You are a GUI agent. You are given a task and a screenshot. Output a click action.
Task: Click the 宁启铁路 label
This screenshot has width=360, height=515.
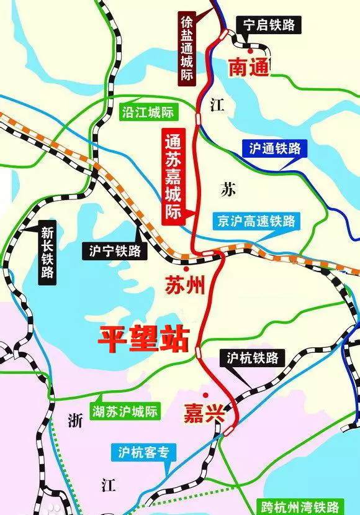pyautogui.click(x=269, y=25)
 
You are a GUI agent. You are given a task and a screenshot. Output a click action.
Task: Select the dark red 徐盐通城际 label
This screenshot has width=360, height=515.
pyautogui.click(x=186, y=47)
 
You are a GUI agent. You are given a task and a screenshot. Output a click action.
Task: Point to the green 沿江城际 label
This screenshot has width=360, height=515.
pyautogui.click(x=147, y=112)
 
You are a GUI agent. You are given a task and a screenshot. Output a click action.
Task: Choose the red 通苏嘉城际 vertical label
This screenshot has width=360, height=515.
pyautogui.click(x=171, y=176)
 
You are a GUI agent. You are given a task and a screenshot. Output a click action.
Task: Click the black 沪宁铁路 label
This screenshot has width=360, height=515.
pyautogui.click(x=116, y=251)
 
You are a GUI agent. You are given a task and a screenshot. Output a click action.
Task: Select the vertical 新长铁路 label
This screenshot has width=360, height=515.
pyautogui.click(x=47, y=253)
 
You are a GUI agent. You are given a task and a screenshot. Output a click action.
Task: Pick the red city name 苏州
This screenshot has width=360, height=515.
pyautogui.click(x=184, y=285)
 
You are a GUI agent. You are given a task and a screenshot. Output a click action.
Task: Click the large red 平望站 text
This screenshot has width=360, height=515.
pyautogui.click(x=142, y=339)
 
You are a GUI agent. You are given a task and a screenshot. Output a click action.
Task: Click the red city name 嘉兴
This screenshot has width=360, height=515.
pyautogui.click(x=203, y=414)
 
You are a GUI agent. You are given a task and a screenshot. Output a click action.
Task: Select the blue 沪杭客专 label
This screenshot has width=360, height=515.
pyautogui.click(x=148, y=452)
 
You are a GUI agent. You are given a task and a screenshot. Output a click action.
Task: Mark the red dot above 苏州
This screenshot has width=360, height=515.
pyautogui.click(x=186, y=261)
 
